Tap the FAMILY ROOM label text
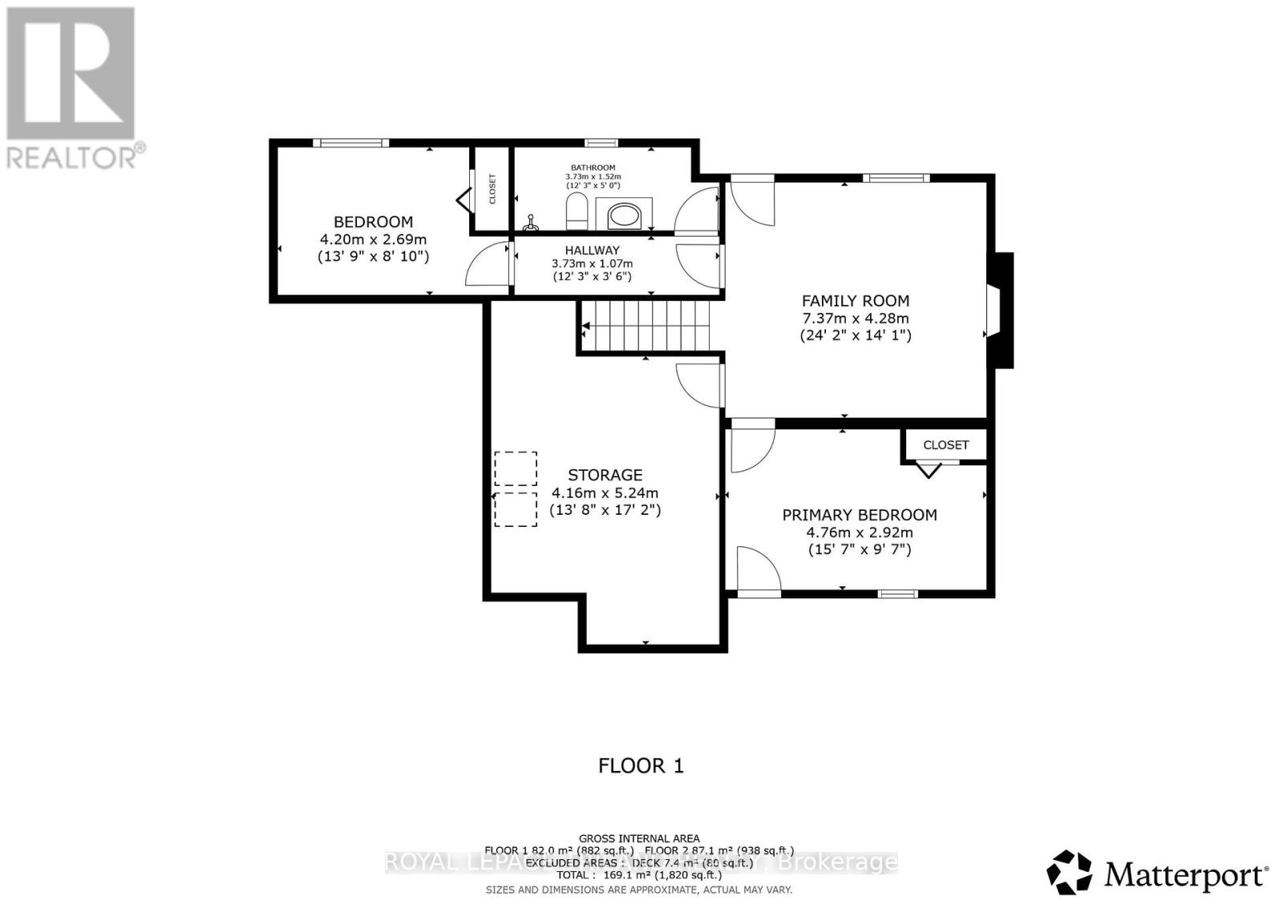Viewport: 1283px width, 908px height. tap(856, 301)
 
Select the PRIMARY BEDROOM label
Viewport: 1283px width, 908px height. tap(859, 515)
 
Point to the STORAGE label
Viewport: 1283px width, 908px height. tap(605, 475)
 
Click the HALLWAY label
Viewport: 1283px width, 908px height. tap(592, 250)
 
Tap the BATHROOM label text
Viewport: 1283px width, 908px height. tap(593, 168)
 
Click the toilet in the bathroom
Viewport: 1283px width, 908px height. tap(577, 213)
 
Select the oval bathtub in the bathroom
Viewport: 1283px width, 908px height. tap(625, 215)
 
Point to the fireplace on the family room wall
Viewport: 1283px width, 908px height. tap(1000, 310)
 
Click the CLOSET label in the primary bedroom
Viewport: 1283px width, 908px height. tap(945, 444)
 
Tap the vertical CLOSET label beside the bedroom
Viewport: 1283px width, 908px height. tap(492, 189)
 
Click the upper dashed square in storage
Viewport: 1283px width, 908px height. tap(516, 469)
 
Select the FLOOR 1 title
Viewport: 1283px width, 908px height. tap(641, 765)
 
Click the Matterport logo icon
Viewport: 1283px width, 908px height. tap(1071, 872)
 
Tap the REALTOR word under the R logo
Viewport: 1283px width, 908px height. tap(72, 156)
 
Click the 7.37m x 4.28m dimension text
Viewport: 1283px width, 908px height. tap(856, 318)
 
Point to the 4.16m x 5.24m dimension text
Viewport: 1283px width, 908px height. tap(605, 493)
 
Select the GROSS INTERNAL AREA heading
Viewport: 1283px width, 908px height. tap(639, 839)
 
